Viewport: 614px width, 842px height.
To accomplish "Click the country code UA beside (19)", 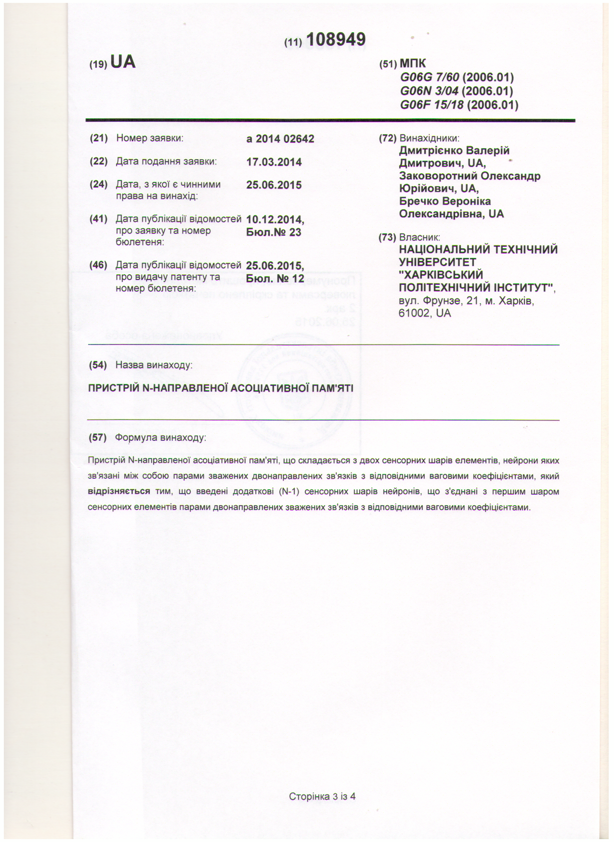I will click(x=123, y=62).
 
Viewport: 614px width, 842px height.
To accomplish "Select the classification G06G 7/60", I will click(x=430, y=77).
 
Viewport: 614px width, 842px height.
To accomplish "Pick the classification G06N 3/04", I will click(x=430, y=91).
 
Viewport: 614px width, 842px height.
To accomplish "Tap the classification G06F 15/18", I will click(x=432, y=104).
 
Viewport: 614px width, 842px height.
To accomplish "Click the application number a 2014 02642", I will click(x=280, y=139).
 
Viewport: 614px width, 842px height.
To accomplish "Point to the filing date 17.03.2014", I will click(x=274, y=162).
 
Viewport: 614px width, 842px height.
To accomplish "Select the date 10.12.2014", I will click(x=274, y=220).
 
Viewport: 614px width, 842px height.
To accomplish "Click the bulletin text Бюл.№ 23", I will click(x=274, y=232).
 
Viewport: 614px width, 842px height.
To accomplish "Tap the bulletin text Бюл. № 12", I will click(x=275, y=279).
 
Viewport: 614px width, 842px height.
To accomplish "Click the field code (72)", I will click(x=387, y=139).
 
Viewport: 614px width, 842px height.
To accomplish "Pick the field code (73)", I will click(x=387, y=237).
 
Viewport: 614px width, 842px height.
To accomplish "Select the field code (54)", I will click(x=98, y=365).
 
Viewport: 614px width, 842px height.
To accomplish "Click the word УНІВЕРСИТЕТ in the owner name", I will click(x=437, y=262).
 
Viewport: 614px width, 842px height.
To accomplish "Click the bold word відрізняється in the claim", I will click(x=119, y=492).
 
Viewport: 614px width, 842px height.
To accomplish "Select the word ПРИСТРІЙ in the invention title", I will click(x=114, y=388).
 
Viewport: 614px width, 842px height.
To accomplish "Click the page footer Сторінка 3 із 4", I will click(x=322, y=796).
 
